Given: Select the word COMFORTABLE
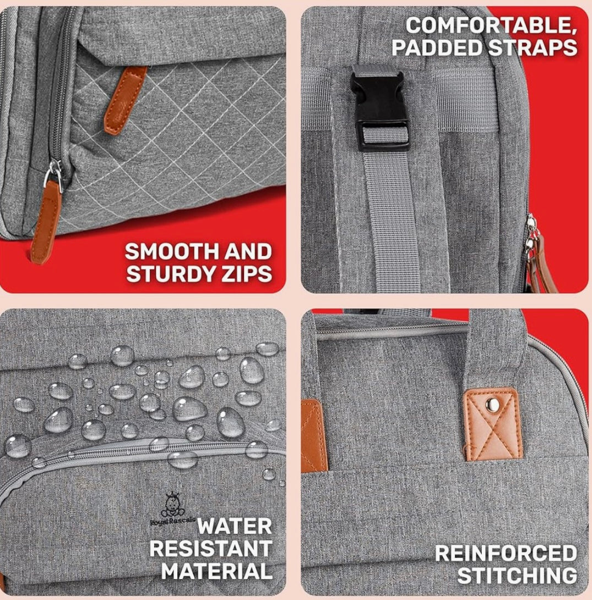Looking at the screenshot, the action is coord(491,25).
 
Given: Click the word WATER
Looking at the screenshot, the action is coord(235,526).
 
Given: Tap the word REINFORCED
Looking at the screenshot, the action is coord(506,553).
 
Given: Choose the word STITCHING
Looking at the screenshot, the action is coord(517,576).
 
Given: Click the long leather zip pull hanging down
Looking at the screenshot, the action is coord(46,222).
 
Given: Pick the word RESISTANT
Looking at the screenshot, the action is coord(211,549).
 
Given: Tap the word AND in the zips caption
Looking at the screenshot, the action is coord(248,252).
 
